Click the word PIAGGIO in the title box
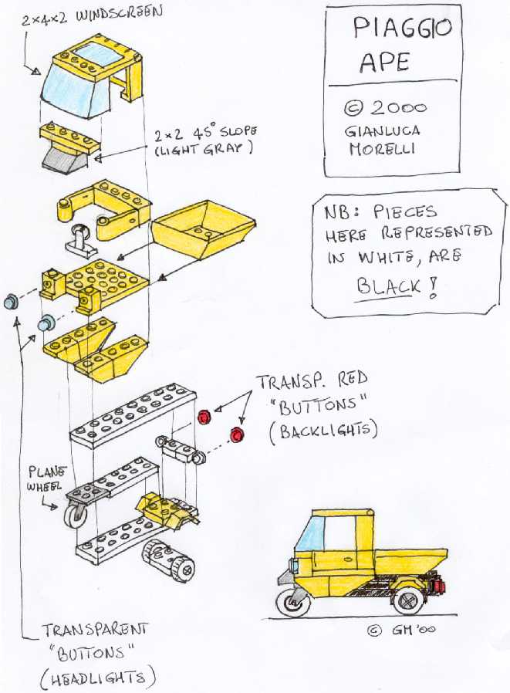tap(401, 31)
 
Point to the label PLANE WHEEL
tap(48, 477)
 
